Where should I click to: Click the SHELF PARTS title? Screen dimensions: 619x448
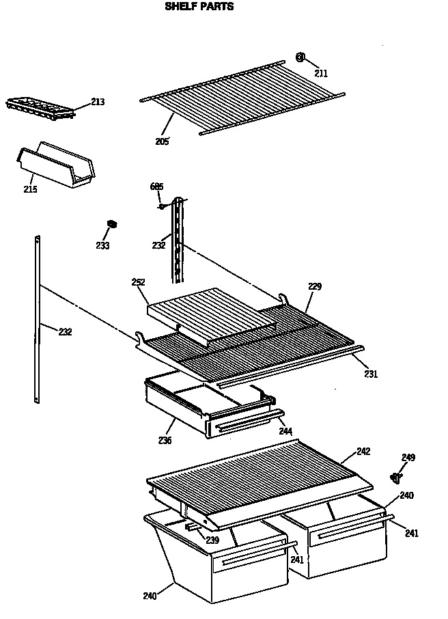pos(199,7)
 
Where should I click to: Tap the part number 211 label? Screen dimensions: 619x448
pos(321,72)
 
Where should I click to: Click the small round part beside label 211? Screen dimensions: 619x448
pos(300,57)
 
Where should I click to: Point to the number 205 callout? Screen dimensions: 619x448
pos(162,141)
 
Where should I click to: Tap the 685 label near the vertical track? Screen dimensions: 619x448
pos(156,187)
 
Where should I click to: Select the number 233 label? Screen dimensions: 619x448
pos(102,245)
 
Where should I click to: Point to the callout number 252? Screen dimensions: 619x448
pos(138,281)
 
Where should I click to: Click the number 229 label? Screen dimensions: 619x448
pos(314,286)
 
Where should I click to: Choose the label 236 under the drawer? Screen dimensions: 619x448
pos(165,440)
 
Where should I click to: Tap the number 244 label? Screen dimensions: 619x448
pos(285,431)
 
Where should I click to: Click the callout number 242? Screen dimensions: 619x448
pos(363,452)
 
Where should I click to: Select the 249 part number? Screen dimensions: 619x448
pos(408,457)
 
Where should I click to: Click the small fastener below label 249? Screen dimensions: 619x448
pos(395,476)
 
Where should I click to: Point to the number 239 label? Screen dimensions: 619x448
pos(212,540)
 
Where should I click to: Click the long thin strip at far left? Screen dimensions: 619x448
pos(36,321)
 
